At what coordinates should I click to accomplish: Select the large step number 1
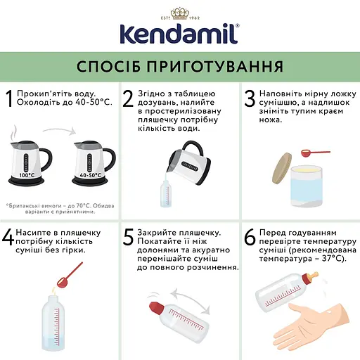9,100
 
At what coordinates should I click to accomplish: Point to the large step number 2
128,100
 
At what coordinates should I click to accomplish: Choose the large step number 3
248,100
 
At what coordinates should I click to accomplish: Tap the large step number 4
8,237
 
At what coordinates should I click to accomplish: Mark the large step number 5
128,237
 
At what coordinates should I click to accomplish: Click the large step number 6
249,237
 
